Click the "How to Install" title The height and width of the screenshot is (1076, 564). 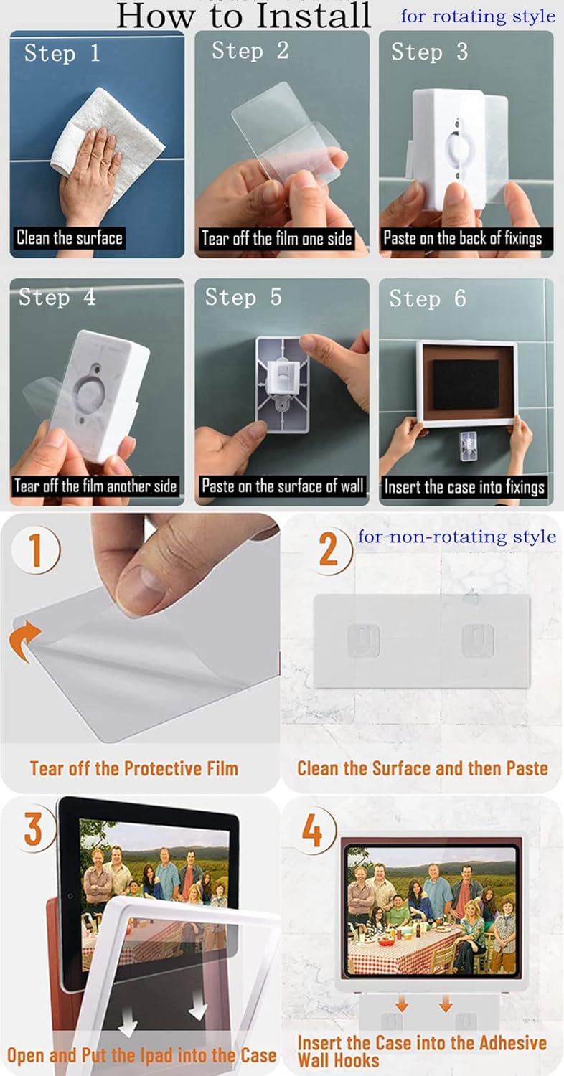[x=244, y=16]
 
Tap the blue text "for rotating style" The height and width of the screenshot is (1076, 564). [x=477, y=16]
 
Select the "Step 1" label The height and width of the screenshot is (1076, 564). [x=62, y=53]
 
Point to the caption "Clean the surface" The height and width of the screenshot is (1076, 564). [x=70, y=237]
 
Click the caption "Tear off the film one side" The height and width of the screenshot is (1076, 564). [x=276, y=238]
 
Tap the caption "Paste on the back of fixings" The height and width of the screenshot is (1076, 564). [x=462, y=238]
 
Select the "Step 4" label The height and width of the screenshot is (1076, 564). [x=57, y=297]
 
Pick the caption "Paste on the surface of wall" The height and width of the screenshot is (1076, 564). [x=282, y=486]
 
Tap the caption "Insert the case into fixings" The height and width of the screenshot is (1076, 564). [x=464, y=487]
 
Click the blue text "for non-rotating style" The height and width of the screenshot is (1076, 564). [x=456, y=537]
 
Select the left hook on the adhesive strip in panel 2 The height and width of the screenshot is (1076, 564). [x=364, y=639]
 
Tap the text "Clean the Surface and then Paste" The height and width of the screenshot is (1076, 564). [x=422, y=768]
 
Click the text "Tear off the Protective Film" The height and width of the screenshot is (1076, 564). [x=133, y=768]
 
